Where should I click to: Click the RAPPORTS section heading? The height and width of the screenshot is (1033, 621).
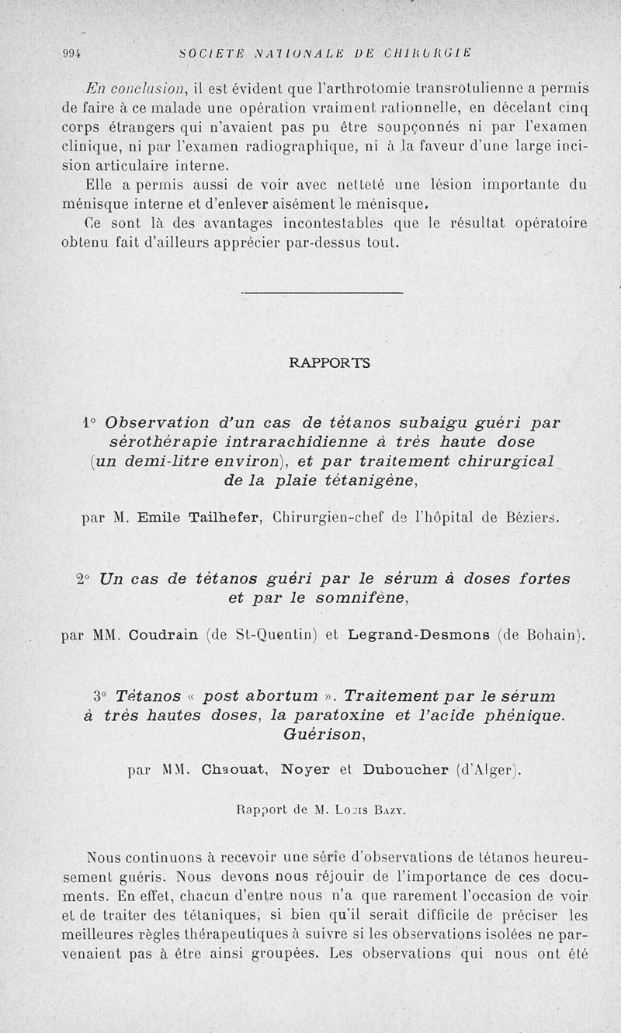pos(329,362)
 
